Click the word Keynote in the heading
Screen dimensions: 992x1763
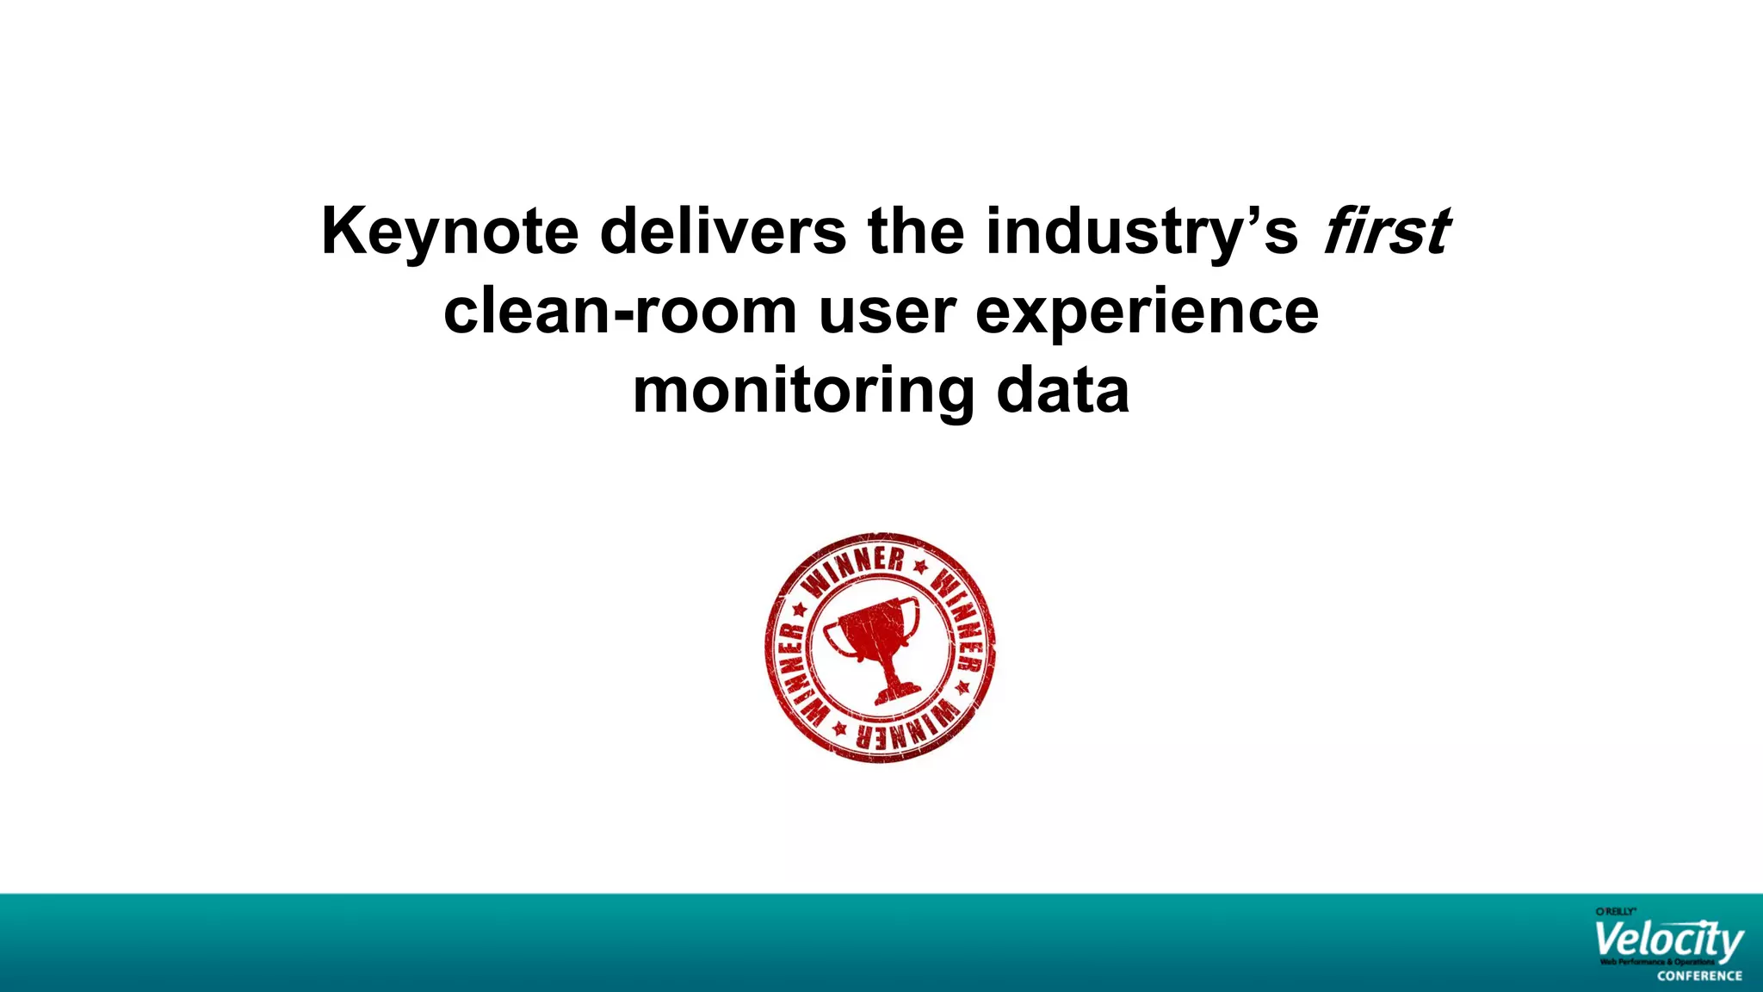pos(449,232)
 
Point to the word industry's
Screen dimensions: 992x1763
pos(1141,232)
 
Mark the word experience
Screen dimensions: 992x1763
pos(1147,313)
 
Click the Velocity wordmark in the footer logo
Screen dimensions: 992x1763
pos(1668,941)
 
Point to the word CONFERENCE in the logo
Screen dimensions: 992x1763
pos(1699,976)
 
